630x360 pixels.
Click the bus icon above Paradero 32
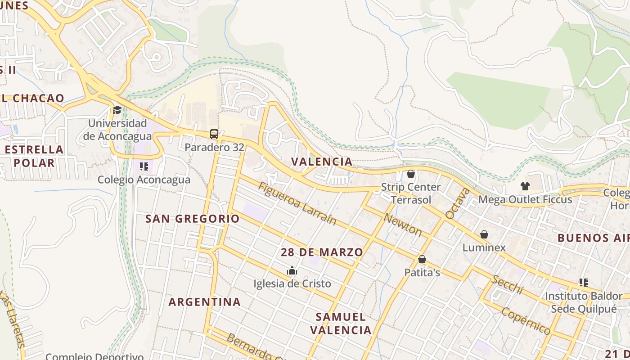[x=214, y=134]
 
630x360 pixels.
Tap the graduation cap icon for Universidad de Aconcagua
[x=117, y=110]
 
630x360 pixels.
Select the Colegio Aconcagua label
[x=144, y=180]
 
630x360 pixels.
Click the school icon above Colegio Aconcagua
[x=144, y=166]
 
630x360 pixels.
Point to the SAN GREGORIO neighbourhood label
[x=192, y=219]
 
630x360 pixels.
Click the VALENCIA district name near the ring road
[x=322, y=162]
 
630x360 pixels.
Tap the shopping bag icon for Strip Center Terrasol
[x=410, y=174]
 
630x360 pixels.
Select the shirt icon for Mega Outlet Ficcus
[x=525, y=186]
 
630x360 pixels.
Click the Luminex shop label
[x=484, y=247]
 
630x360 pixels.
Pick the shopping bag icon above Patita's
[x=422, y=259]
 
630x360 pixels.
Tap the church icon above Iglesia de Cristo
[x=292, y=270]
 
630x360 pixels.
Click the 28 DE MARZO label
[x=322, y=252]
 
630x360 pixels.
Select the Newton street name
[x=402, y=224]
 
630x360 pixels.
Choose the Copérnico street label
[x=526, y=321]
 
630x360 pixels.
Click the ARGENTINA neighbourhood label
[x=205, y=301]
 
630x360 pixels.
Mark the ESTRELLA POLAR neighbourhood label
[x=34, y=156]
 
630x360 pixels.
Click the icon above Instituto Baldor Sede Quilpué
[x=583, y=283]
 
